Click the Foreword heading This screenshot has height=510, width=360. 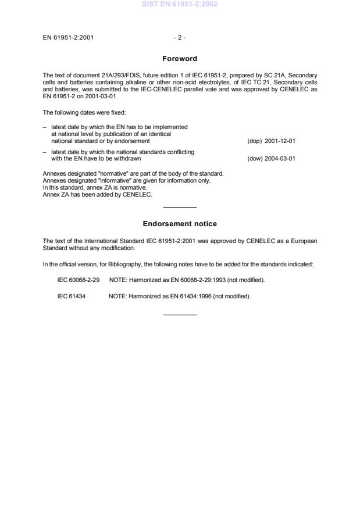(180, 59)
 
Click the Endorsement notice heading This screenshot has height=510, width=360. (180, 224)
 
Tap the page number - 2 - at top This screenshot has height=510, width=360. (180, 38)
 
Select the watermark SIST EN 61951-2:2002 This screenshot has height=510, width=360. (180, 4)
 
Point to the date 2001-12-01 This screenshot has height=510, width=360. (280, 141)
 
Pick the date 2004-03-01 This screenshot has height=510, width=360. (280, 158)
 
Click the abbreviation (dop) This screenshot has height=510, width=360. (255, 141)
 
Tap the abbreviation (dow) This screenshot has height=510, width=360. (255, 158)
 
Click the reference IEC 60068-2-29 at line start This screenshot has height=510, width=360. (79, 280)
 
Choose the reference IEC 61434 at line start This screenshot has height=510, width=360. (71, 297)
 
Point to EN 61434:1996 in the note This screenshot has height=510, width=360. (191, 297)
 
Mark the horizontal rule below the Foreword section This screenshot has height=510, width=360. (180, 208)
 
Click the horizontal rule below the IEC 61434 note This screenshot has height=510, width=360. (180, 315)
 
